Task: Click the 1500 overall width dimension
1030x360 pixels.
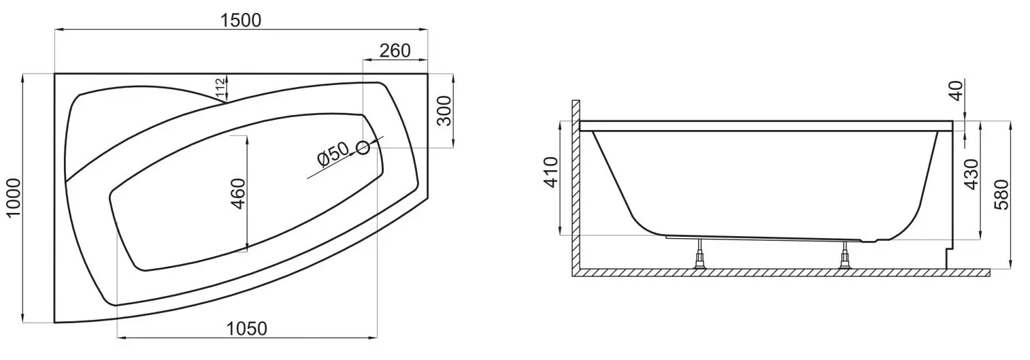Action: pyautogui.click(x=240, y=20)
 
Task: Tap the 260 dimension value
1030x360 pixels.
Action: pyautogui.click(x=395, y=50)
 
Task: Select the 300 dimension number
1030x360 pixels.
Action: pyautogui.click(x=444, y=111)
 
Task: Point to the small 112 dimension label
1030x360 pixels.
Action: pyautogui.click(x=220, y=88)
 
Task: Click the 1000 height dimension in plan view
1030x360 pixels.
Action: pyautogui.click(x=14, y=198)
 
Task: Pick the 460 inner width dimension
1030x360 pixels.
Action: pyautogui.click(x=239, y=193)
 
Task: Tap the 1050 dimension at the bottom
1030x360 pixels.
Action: pyautogui.click(x=246, y=329)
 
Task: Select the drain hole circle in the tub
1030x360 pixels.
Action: pyautogui.click(x=363, y=148)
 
